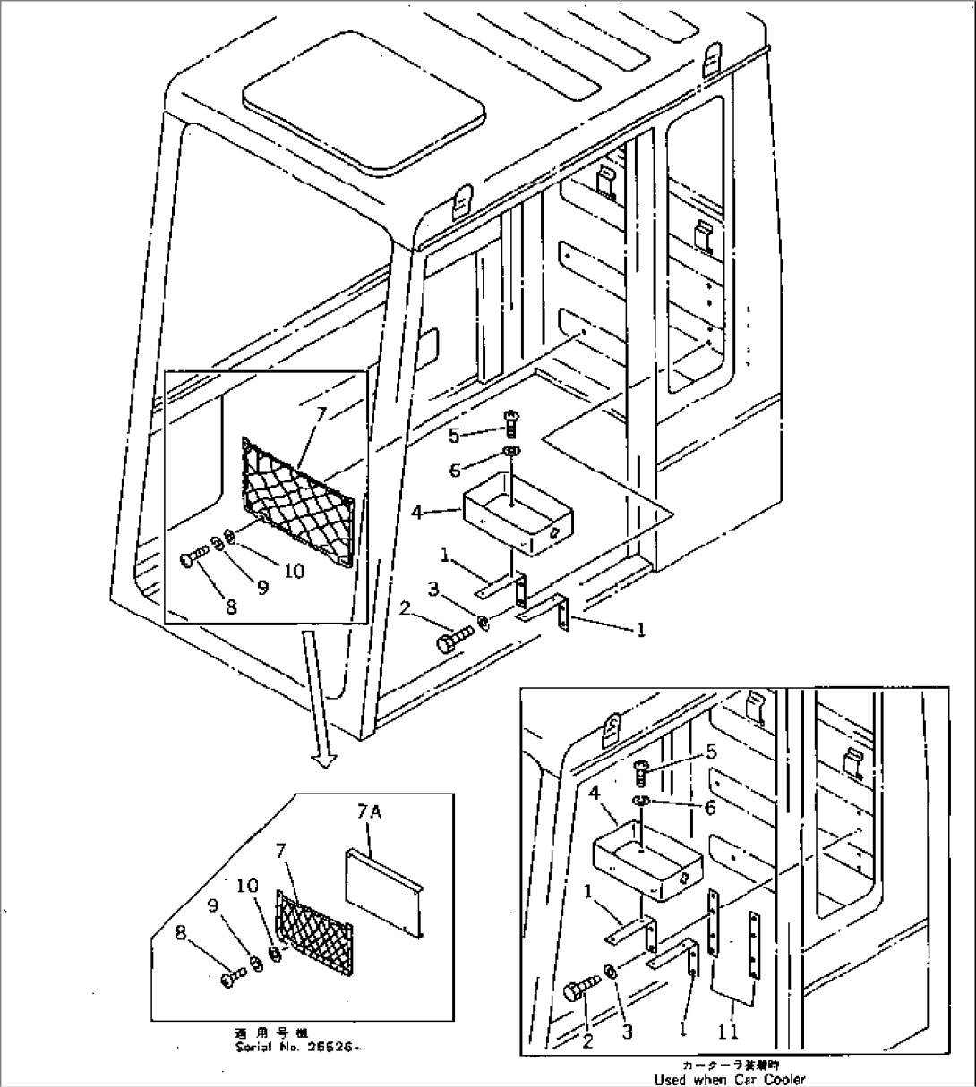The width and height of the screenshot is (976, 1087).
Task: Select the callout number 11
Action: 730,1032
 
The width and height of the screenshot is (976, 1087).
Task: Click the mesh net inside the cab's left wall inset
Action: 300,500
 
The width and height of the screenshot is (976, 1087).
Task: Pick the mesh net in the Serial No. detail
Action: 313,930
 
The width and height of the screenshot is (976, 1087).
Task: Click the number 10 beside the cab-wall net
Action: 294,571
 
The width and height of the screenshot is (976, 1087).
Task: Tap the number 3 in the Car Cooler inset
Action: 627,1032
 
